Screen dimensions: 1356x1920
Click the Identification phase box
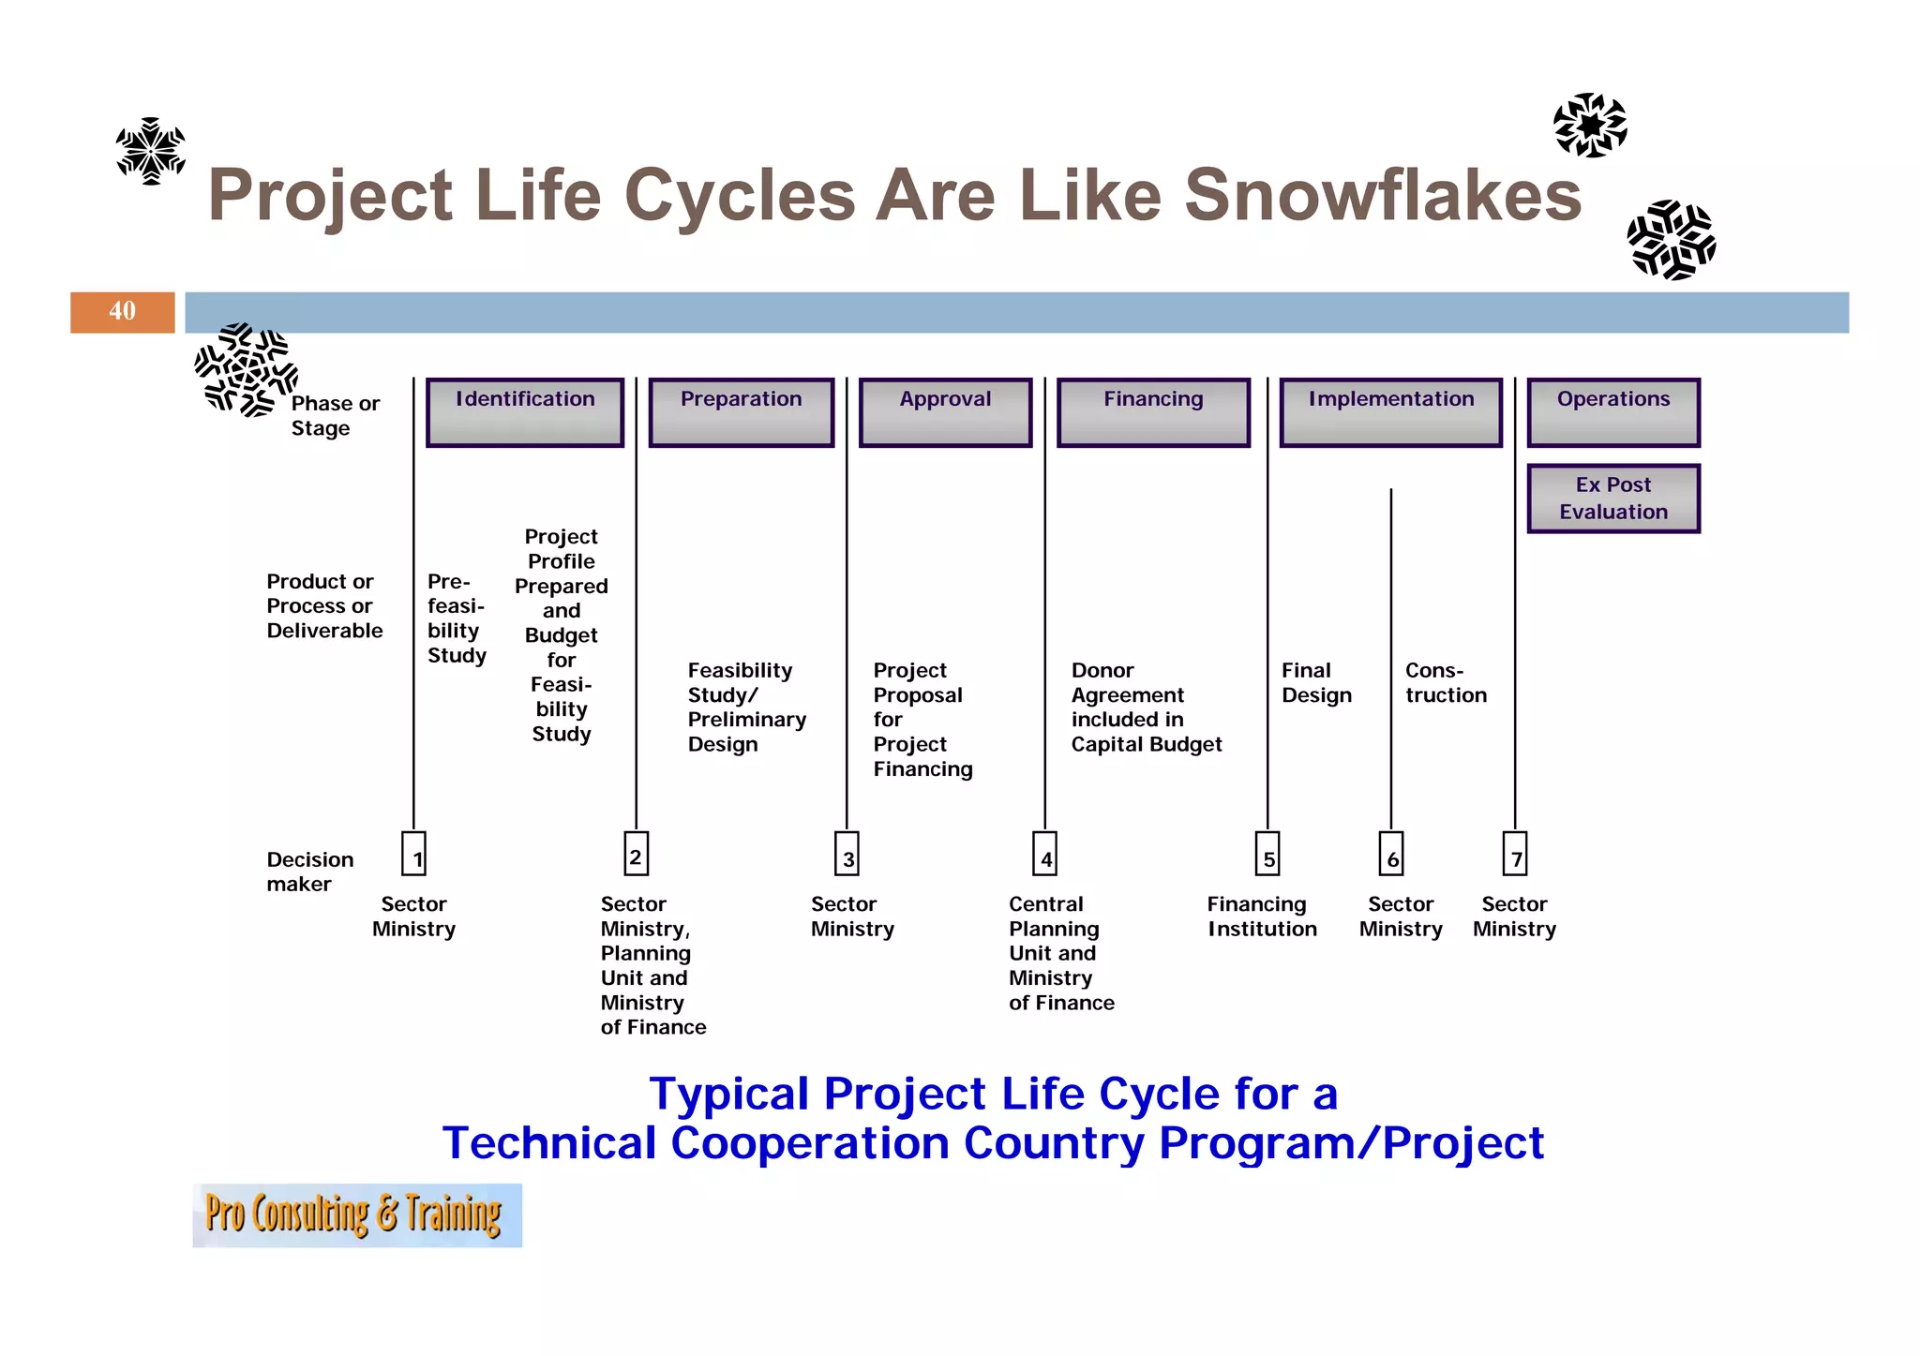(525, 412)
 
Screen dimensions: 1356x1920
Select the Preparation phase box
(741, 412)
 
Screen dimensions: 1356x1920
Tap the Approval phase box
(945, 412)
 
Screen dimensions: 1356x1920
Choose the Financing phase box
(1153, 412)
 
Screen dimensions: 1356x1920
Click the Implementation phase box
(1390, 412)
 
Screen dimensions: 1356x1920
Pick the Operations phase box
(1612, 412)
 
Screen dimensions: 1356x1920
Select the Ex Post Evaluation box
(1612, 499)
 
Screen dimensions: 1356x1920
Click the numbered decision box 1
(414, 854)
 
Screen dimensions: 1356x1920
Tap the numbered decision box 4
(1045, 854)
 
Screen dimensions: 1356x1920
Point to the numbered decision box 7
(1515, 854)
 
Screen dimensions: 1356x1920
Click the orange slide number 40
(122, 312)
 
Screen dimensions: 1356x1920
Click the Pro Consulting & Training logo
(356, 1214)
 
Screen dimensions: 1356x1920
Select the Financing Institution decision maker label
(1261, 916)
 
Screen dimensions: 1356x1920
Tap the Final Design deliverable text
(1316, 683)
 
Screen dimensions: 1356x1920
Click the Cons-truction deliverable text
(1445, 683)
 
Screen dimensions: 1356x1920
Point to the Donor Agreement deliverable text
(1146, 708)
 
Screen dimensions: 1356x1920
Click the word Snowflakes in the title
(1383, 195)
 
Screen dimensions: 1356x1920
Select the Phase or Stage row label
(335, 415)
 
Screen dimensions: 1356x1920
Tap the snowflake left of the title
(150, 151)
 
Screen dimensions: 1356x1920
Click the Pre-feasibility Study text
(457, 618)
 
